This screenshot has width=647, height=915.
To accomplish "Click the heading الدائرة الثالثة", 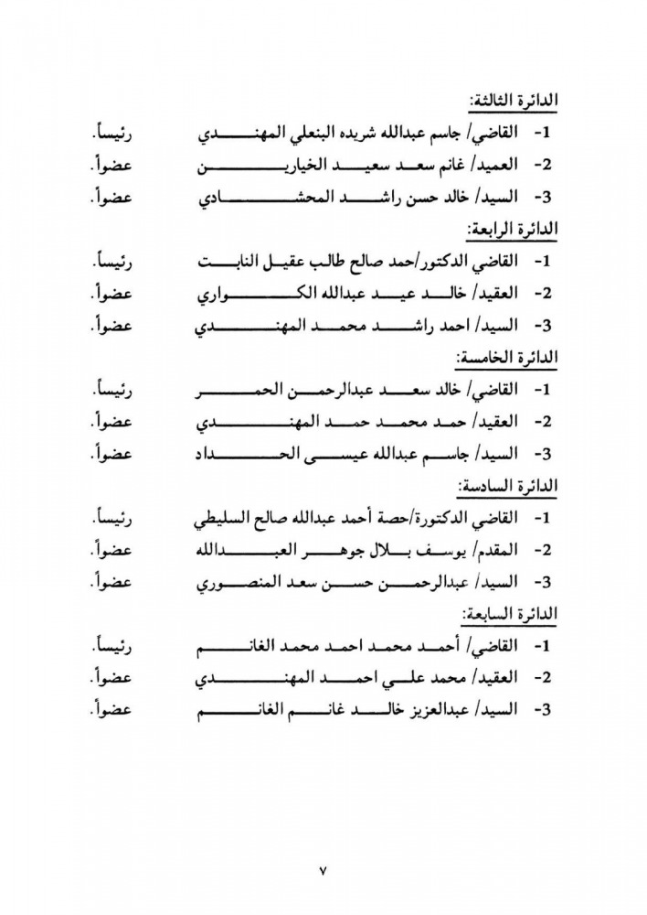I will (513, 101).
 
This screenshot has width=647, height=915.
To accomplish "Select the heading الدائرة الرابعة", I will (513, 228).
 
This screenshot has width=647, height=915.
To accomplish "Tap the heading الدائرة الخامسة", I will (511, 355).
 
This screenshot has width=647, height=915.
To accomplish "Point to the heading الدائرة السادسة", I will (512, 483).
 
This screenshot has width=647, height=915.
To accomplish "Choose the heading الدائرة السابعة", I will (512, 611).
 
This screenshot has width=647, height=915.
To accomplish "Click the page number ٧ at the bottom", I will (323, 870).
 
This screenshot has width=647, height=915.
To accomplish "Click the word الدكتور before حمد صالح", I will (440, 262).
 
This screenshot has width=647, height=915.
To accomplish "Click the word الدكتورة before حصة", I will (436, 518).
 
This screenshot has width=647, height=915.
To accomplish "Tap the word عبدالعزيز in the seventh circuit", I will (432, 709).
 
